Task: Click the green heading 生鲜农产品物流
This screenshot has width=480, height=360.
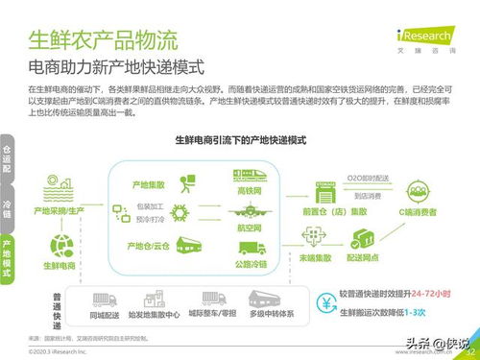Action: coord(103,41)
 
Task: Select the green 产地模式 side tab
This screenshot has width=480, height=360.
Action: coord(7,258)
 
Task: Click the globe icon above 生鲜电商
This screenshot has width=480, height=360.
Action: coord(62,245)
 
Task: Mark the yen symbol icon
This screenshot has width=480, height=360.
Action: coord(326,307)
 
